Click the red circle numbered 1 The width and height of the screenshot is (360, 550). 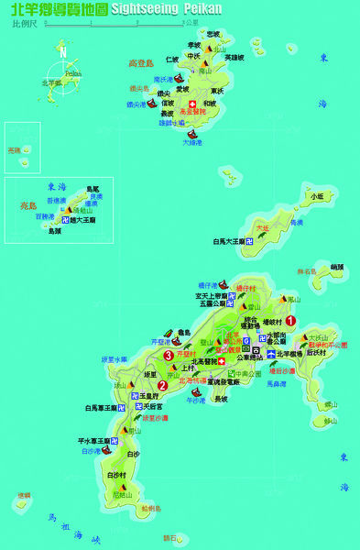pyautogui.click(x=290, y=321)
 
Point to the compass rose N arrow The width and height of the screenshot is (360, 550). pyautogui.click(x=62, y=52)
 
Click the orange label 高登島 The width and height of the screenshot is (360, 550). pyautogui.click(x=141, y=63)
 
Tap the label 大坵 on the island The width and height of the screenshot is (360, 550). pyautogui.click(x=263, y=226)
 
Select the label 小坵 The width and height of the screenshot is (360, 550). pyautogui.click(x=316, y=196)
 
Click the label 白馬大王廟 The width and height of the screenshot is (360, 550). pyautogui.click(x=229, y=241)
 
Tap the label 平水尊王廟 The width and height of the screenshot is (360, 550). pyautogui.click(x=93, y=441)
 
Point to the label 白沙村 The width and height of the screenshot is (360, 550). pyautogui.click(x=115, y=475)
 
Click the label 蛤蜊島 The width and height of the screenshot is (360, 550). pyautogui.click(x=149, y=508)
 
